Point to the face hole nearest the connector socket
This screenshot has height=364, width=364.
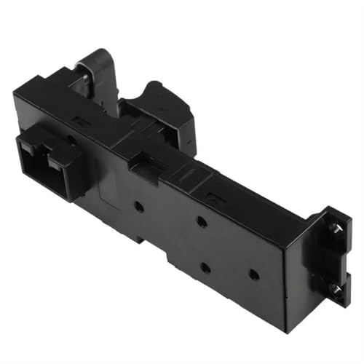point(138,207)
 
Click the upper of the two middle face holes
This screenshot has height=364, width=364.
point(202,221)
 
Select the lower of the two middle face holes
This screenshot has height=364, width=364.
point(205,267)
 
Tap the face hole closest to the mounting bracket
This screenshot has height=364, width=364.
point(253,274)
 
